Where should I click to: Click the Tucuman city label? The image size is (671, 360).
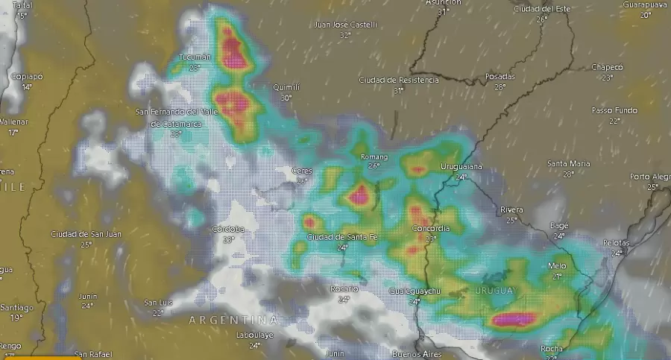(x=195, y=57)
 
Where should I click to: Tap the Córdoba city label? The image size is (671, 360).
(x=228, y=229)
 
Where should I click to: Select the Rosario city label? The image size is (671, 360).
(x=344, y=289)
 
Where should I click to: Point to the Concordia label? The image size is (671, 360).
(x=430, y=229)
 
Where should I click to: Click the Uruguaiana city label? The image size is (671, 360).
(x=461, y=166)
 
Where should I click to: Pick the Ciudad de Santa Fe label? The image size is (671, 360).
(x=342, y=237)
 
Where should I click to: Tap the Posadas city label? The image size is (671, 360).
(x=500, y=77)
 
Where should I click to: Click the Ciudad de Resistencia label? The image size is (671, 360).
(x=399, y=80)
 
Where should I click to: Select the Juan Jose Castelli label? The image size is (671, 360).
(x=345, y=25)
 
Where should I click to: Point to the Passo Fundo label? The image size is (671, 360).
(x=614, y=110)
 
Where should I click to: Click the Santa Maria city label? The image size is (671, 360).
(x=568, y=163)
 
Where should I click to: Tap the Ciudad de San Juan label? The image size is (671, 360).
(x=86, y=234)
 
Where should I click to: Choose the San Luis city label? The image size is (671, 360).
(x=158, y=303)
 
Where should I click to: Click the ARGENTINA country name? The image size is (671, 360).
(x=233, y=320)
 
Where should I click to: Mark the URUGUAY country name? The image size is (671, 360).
(x=494, y=291)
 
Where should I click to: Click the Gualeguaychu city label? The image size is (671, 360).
(x=415, y=291)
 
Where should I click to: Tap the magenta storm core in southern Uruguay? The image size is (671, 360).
(x=513, y=319)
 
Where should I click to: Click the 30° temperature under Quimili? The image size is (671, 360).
(x=286, y=98)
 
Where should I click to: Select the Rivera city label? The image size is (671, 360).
(x=511, y=209)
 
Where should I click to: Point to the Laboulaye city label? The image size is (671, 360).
(x=255, y=335)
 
